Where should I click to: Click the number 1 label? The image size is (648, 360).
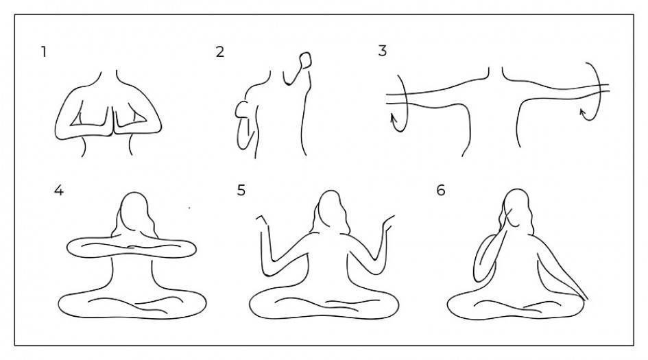(43, 52)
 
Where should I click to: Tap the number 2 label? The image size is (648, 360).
(220, 51)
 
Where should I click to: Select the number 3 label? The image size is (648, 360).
(382, 51)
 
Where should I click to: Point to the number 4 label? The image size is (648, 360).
(59, 190)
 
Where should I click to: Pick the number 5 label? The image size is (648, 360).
(241, 190)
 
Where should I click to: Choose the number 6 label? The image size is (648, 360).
(440, 190)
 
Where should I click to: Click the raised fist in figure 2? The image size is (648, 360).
(305, 60)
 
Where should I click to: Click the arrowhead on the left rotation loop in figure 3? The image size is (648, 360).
(394, 119)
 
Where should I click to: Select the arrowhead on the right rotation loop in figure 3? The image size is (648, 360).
(583, 112)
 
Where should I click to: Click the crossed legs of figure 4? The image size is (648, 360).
(132, 304)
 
